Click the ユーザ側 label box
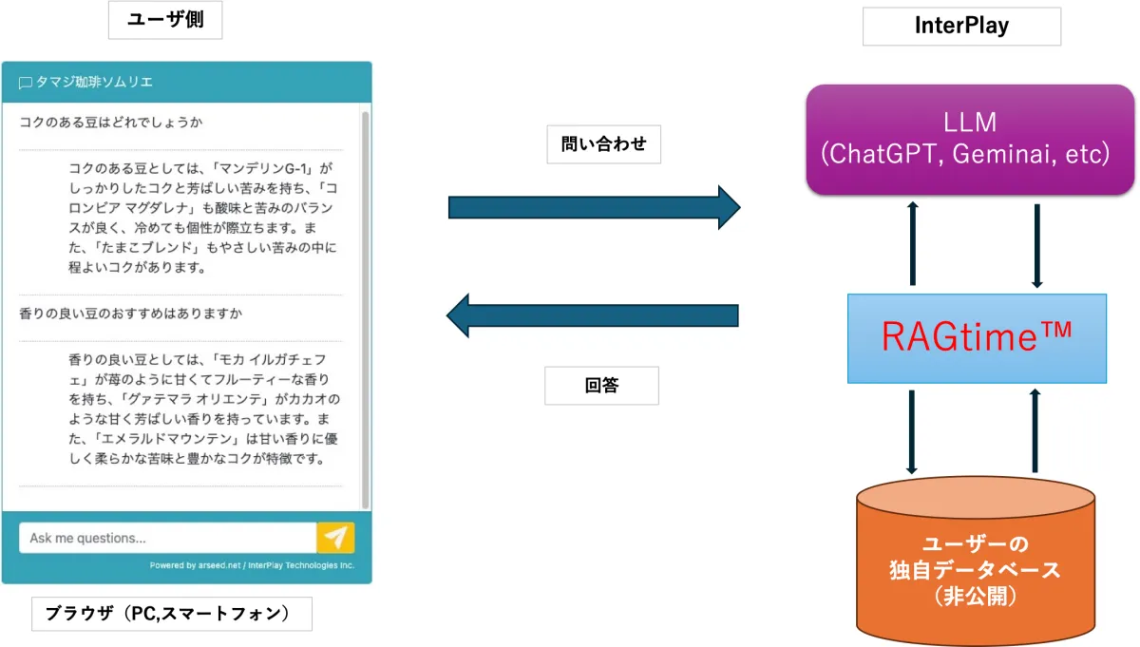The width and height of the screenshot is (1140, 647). pyautogui.click(x=165, y=21)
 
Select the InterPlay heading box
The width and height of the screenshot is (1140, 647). pyautogui.click(x=961, y=27)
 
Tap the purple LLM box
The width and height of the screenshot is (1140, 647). pyautogui.click(x=970, y=140)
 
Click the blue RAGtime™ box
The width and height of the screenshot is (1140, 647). pyautogui.click(x=977, y=338)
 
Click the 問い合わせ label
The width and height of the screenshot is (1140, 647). pyautogui.click(x=603, y=144)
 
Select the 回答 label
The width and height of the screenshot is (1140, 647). pyautogui.click(x=601, y=386)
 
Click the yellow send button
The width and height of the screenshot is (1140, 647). pyautogui.click(x=335, y=538)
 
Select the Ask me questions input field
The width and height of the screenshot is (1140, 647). pyautogui.click(x=167, y=538)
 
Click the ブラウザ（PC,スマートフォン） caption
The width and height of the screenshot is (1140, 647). pyautogui.click(x=171, y=614)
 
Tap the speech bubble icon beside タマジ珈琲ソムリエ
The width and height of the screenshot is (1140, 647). pyautogui.click(x=26, y=84)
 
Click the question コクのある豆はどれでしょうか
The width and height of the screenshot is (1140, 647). pyautogui.click(x=111, y=123)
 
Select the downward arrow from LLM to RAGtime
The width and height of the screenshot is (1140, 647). pyautogui.click(x=1037, y=245)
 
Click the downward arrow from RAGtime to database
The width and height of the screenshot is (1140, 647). pyautogui.click(x=912, y=431)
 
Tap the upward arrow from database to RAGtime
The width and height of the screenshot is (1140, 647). pyautogui.click(x=1035, y=430)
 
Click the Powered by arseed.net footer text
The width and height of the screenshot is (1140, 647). pyautogui.click(x=252, y=565)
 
